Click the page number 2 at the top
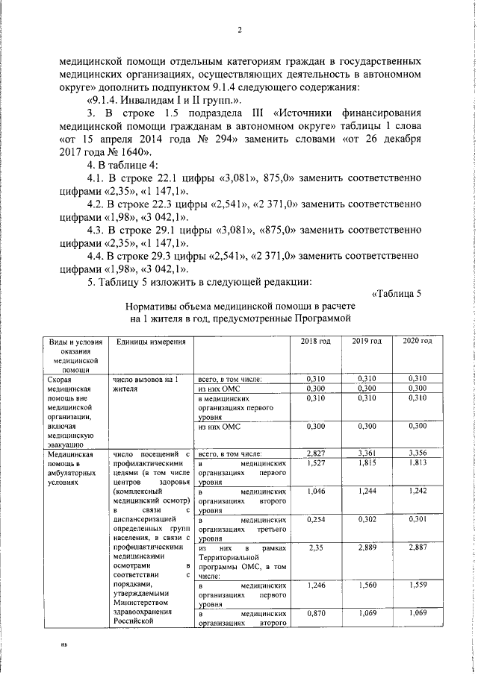pos(240,31)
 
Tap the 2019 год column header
pos(367,341)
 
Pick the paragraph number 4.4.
pos(97,256)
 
